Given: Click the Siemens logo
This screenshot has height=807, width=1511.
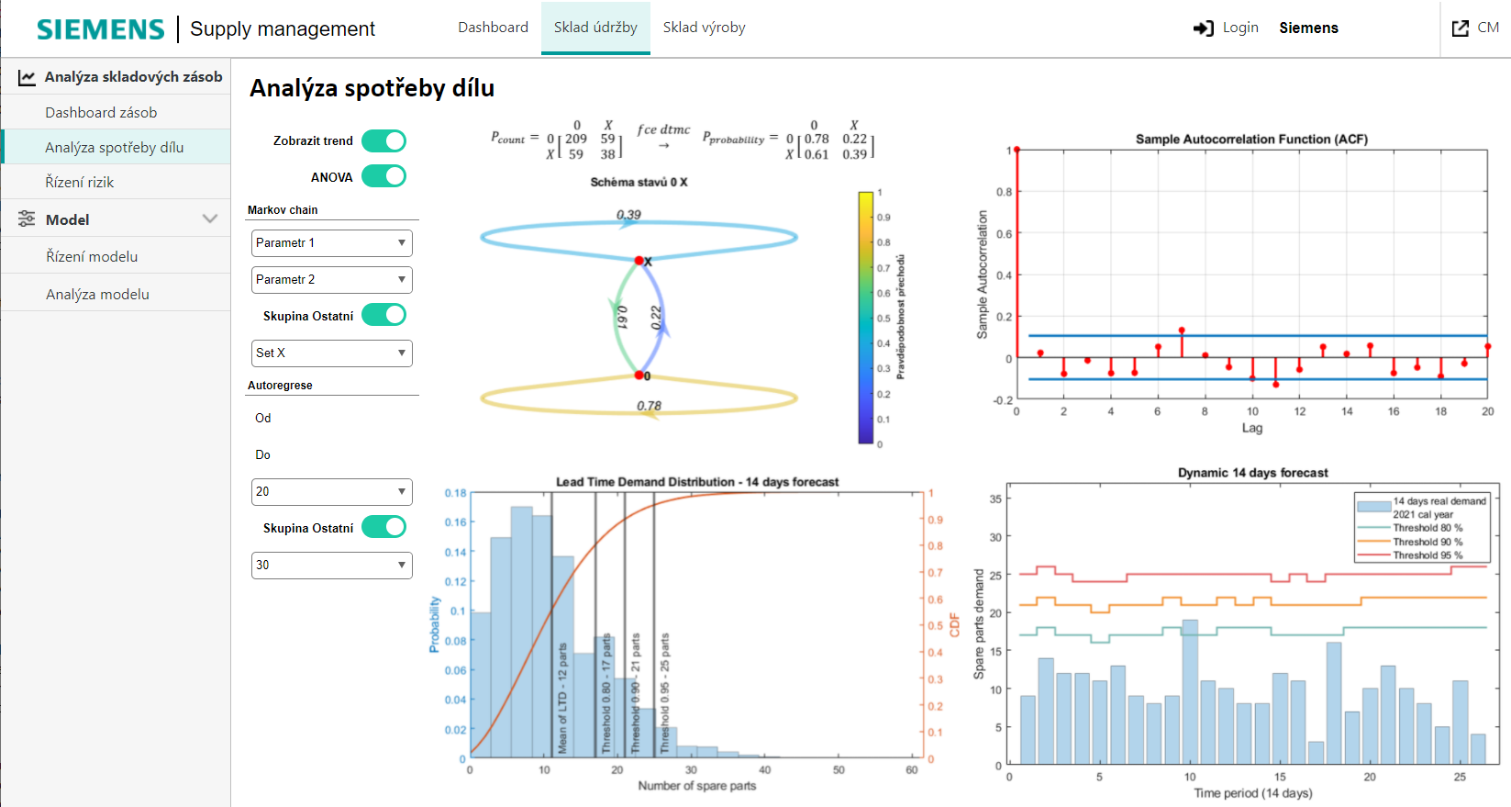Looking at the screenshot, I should pyautogui.click(x=100, y=29).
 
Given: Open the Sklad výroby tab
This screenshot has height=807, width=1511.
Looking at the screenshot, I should pyautogui.click(x=704, y=28).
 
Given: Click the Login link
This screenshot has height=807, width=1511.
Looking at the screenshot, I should pyautogui.click(x=1226, y=28).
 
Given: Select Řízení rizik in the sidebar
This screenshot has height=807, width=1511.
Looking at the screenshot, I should pyautogui.click(x=80, y=182).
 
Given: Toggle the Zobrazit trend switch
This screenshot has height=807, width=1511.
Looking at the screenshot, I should pyautogui.click(x=383, y=140).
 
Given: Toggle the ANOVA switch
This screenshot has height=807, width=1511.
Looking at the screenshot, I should pyautogui.click(x=383, y=176).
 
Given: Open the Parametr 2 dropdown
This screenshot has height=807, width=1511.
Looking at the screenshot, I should pyautogui.click(x=331, y=280).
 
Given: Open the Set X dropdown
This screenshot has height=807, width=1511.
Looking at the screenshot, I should pyautogui.click(x=331, y=353).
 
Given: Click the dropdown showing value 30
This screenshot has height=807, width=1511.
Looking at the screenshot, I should pyautogui.click(x=331, y=566).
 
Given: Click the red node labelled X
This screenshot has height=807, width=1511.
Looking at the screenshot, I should pyautogui.click(x=639, y=261).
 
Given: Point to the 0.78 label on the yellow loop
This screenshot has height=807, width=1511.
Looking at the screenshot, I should pyautogui.click(x=649, y=406).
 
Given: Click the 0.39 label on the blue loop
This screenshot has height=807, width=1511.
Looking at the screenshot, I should pyautogui.click(x=628, y=215).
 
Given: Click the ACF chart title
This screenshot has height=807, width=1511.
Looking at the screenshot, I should pyautogui.click(x=1251, y=140).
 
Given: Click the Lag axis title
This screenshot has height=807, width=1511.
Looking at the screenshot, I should pyautogui.click(x=1251, y=428).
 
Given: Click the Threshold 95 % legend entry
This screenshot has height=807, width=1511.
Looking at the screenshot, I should pyautogui.click(x=1427, y=555).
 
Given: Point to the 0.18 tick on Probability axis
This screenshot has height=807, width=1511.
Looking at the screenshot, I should pyautogui.click(x=455, y=493).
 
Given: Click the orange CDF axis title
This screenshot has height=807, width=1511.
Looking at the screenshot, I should pyautogui.click(x=954, y=625).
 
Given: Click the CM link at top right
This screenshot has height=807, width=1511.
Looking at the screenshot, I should pyautogui.click(x=1476, y=28).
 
